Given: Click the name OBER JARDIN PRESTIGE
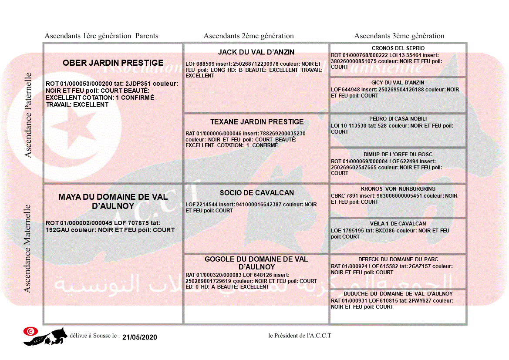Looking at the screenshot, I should [x=113, y=63].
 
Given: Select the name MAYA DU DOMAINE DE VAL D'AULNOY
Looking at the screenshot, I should [x=113, y=201].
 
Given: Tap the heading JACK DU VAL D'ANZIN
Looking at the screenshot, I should [x=256, y=52].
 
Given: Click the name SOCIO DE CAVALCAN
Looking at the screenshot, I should [x=256, y=193].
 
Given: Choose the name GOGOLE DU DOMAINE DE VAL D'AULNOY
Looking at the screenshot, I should [x=256, y=263].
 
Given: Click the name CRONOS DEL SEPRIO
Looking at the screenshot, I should [x=398, y=48].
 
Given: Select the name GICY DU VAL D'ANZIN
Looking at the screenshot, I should [x=398, y=83].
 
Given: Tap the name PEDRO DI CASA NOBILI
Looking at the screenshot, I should [x=398, y=119].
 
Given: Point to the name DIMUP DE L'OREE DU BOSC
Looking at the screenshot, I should [x=398, y=155].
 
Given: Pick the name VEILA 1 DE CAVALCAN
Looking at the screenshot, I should [x=398, y=224].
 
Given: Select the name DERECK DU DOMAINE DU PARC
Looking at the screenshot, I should [x=398, y=259].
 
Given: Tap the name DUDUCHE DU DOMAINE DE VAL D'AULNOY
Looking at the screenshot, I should [x=398, y=294].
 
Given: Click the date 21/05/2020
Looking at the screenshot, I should [x=139, y=337].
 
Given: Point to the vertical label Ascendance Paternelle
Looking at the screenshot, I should [x=28, y=115].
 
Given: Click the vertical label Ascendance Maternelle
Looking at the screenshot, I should [x=27, y=249].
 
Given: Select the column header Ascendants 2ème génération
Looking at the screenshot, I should [x=249, y=36].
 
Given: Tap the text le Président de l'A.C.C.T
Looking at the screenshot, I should [x=300, y=336].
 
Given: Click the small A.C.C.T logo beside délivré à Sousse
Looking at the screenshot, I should [x=45, y=336].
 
